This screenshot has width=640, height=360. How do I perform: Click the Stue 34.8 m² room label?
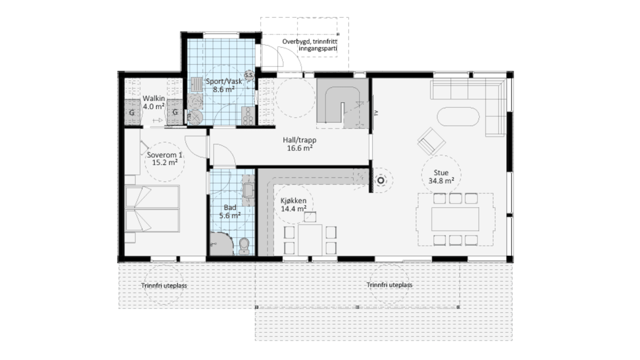[x=441, y=177]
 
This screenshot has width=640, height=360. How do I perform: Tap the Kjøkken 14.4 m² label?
[x=293, y=205]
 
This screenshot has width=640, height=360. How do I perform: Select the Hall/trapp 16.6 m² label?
[x=299, y=144]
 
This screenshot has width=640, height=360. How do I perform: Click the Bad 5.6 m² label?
[x=230, y=211]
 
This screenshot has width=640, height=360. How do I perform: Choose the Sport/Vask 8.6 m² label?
[x=223, y=85]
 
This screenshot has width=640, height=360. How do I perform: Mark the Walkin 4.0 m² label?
[x=154, y=102]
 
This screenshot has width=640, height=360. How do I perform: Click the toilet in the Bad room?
[x=244, y=246]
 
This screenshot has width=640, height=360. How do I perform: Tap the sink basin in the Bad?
[x=248, y=190]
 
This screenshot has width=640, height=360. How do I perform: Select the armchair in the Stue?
[x=431, y=141]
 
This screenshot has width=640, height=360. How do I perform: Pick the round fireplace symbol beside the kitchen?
[x=381, y=180]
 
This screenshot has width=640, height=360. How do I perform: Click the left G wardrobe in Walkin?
[x=132, y=112]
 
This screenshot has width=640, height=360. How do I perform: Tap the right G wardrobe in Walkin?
[x=175, y=112]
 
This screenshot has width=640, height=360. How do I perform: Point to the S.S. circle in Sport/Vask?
[x=249, y=75]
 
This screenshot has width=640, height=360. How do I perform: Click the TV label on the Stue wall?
[x=376, y=113]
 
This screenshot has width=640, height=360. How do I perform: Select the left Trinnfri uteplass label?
[x=164, y=285]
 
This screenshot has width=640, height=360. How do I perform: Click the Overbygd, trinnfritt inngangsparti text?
[x=310, y=45]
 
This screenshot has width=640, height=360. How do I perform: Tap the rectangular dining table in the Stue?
[x=455, y=219]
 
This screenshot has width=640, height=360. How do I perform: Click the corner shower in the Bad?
[x=222, y=244]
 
